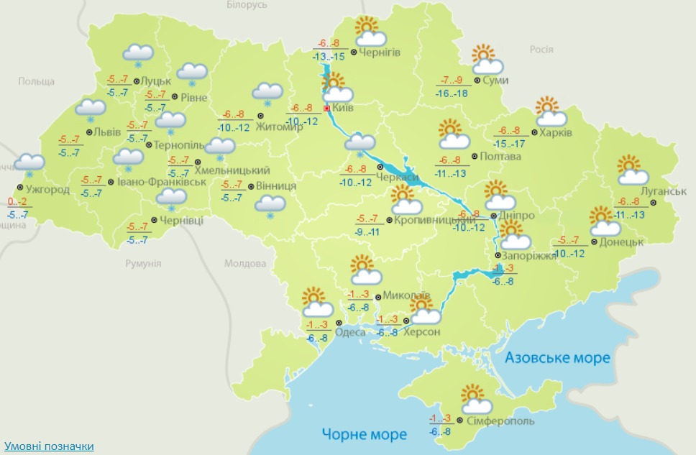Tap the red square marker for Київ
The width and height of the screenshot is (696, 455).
[x=327, y=108]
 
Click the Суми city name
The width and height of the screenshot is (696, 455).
[x=495, y=80]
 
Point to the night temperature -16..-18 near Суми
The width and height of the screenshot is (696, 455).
[x=452, y=93]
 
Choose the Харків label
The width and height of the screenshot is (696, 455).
[x=557, y=133]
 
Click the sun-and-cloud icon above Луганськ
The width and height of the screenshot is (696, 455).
[x=633, y=170]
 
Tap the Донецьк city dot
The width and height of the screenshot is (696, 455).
[x=595, y=242]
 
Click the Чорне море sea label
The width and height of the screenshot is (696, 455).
[x=364, y=434]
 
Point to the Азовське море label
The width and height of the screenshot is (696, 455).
[x=557, y=357]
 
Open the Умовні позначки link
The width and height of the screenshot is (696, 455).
[x=48, y=446]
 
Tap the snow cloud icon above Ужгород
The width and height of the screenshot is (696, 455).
[x=30, y=164]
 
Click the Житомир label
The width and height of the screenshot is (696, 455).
[x=288, y=127]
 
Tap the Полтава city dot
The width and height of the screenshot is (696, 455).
[x=474, y=156]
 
